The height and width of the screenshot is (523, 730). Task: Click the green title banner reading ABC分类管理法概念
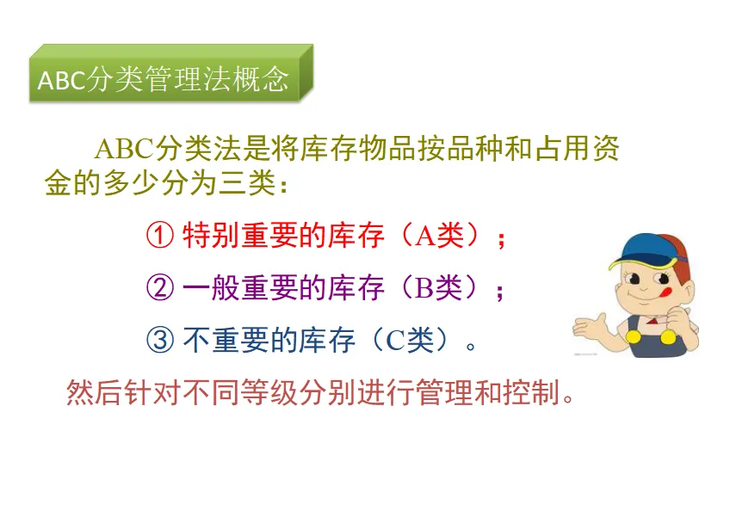[x=170, y=73]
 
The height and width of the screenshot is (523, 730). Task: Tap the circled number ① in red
[x=160, y=236]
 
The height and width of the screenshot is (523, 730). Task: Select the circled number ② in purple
[x=160, y=287]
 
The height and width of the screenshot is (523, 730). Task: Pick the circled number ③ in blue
[x=160, y=340]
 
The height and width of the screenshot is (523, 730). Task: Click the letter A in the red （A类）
[x=425, y=236]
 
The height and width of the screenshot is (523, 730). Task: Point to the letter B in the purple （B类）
[x=424, y=288]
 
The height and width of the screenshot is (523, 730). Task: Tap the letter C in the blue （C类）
[x=396, y=341]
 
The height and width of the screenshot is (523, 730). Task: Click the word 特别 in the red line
[x=211, y=236]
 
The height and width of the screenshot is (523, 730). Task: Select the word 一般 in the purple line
[x=211, y=287]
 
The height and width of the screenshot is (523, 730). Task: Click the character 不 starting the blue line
[x=197, y=340]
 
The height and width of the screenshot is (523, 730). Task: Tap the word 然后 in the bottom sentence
[x=94, y=392]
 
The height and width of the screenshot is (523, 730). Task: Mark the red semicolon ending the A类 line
[x=501, y=240]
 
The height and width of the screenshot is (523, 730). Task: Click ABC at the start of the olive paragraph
[x=124, y=149]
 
